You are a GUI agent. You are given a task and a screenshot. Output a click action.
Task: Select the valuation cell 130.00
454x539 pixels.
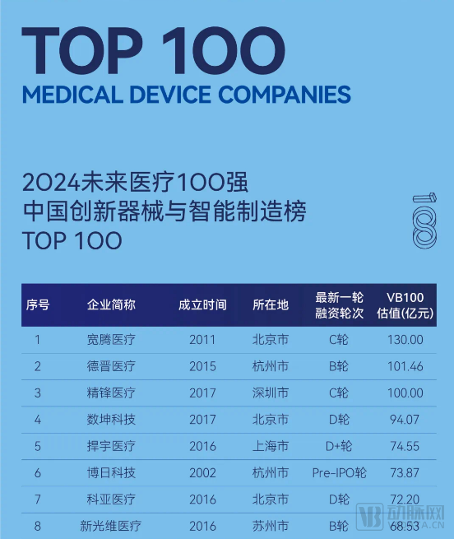click(405, 339)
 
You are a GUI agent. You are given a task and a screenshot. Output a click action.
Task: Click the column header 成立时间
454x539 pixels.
click(202, 304)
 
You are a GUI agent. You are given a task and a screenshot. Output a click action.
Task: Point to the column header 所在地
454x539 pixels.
click(271, 304)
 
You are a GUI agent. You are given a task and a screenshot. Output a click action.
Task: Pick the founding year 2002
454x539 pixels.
click(202, 473)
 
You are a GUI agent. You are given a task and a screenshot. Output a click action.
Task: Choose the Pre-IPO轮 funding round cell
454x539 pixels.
click(339, 473)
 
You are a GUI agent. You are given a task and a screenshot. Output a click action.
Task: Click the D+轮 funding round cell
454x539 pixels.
click(339, 446)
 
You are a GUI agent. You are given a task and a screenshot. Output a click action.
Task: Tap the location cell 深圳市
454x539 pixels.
click(271, 393)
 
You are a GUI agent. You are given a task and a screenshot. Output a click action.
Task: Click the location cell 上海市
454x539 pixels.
click(271, 446)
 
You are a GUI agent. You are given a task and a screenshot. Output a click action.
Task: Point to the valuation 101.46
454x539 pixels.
click(405, 366)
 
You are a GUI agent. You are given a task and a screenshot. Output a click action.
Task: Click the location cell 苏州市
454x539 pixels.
click(271, 525)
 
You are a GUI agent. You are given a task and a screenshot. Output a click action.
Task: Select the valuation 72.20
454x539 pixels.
click(405, 500)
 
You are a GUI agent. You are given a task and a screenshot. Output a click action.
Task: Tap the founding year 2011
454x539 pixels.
click(202, 339)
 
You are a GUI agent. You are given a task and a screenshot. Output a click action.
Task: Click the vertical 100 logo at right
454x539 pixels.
click(424, 221)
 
